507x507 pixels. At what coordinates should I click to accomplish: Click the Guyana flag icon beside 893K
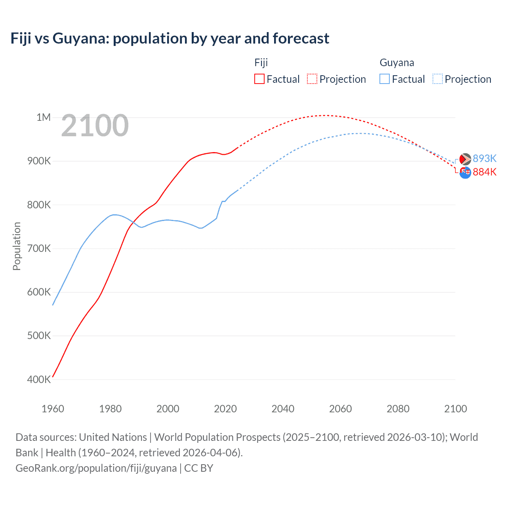tap(465, 159)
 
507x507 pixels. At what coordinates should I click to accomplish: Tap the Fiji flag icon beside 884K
tap(465, 172)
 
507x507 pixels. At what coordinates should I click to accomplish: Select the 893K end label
tap(484, 158)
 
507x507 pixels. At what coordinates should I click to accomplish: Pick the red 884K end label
tap(484, 172)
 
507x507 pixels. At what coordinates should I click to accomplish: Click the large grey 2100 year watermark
tap(95, 126)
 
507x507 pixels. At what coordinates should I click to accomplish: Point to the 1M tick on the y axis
tap(44, 117)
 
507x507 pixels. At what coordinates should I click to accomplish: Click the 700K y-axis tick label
tap(39, 249)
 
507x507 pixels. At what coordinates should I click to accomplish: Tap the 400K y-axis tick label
tap(39, 379)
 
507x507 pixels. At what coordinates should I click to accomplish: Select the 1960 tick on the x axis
tap(53, 409)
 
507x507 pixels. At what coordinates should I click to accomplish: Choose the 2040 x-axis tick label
tap(283, 409)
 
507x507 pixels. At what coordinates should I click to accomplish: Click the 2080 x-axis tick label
tap(398, 409)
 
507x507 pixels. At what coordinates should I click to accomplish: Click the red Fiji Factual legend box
tap(259, 79)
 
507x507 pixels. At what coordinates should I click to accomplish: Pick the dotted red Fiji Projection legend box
tap(312, 79)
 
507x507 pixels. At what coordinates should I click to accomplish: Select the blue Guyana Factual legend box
tap(385, 79)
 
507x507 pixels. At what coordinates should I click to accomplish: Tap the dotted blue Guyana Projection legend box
tap(438, 79)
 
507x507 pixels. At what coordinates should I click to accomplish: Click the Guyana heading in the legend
tap(397, 63)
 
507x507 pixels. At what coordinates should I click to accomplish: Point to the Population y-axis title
tap(17, 246)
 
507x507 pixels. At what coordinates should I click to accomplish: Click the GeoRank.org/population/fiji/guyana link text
tap(96, 468)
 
